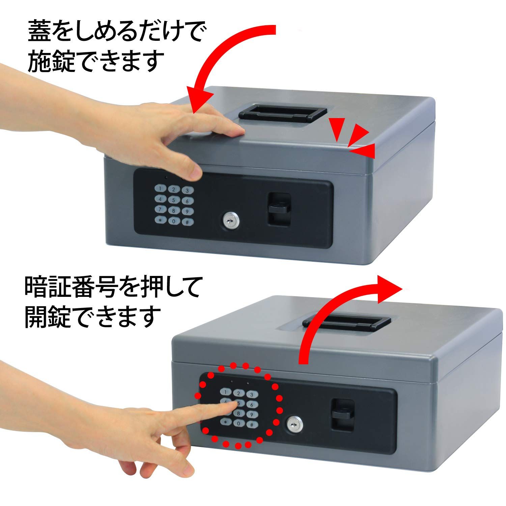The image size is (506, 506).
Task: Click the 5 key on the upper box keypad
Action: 173,200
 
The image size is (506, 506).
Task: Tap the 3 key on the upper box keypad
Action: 187,190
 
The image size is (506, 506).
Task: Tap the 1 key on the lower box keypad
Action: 224,392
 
